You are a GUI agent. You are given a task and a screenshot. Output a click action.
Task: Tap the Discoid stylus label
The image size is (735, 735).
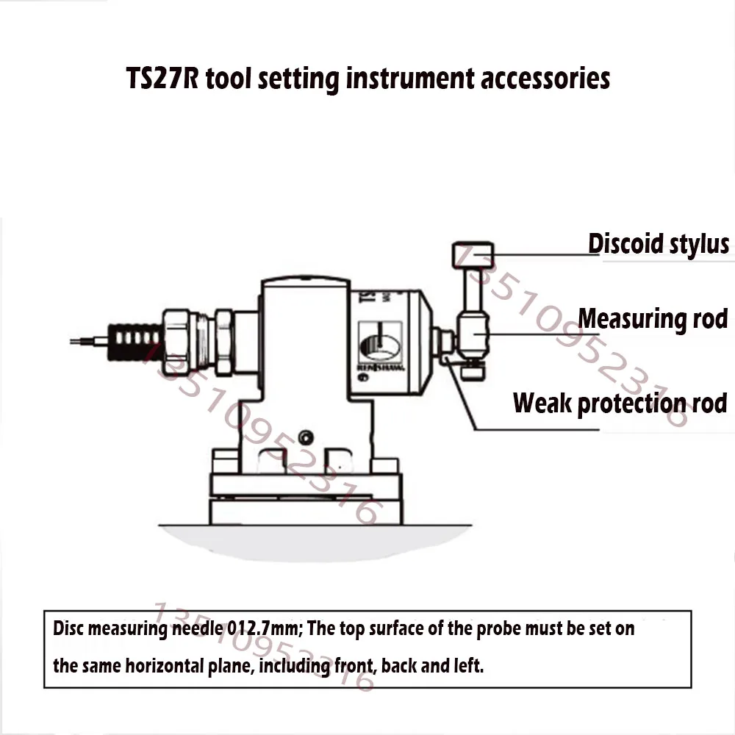click(659, 243)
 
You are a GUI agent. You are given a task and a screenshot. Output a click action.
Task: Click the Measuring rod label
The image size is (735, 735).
click(653, 319)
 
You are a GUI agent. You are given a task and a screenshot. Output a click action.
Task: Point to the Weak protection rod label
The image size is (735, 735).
click(620, 403)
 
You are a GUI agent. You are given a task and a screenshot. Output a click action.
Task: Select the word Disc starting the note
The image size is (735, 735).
click(67, 630)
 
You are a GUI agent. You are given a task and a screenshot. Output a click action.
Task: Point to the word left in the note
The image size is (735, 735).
click(467, 667)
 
